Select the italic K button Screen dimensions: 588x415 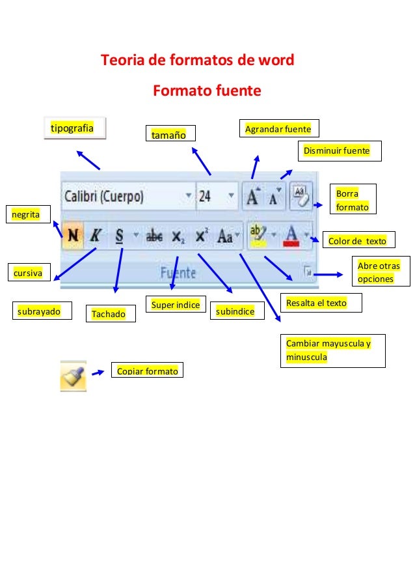coord(95,236)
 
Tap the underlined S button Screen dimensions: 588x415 coord(119,236)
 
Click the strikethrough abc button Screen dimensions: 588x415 coord(154,236)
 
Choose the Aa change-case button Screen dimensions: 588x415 coord(226,236)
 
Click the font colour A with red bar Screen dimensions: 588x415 coord(292,236)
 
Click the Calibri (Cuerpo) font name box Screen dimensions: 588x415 coord(124,196)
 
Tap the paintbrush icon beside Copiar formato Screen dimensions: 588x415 coord(73,376)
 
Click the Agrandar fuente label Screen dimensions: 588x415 coord(278,129)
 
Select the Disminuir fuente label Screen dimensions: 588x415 coord(339,152)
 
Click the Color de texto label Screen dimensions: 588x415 coord(357,242)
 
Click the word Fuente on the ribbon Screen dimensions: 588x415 coord(178,273)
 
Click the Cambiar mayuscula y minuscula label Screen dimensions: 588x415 coord(332,350)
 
